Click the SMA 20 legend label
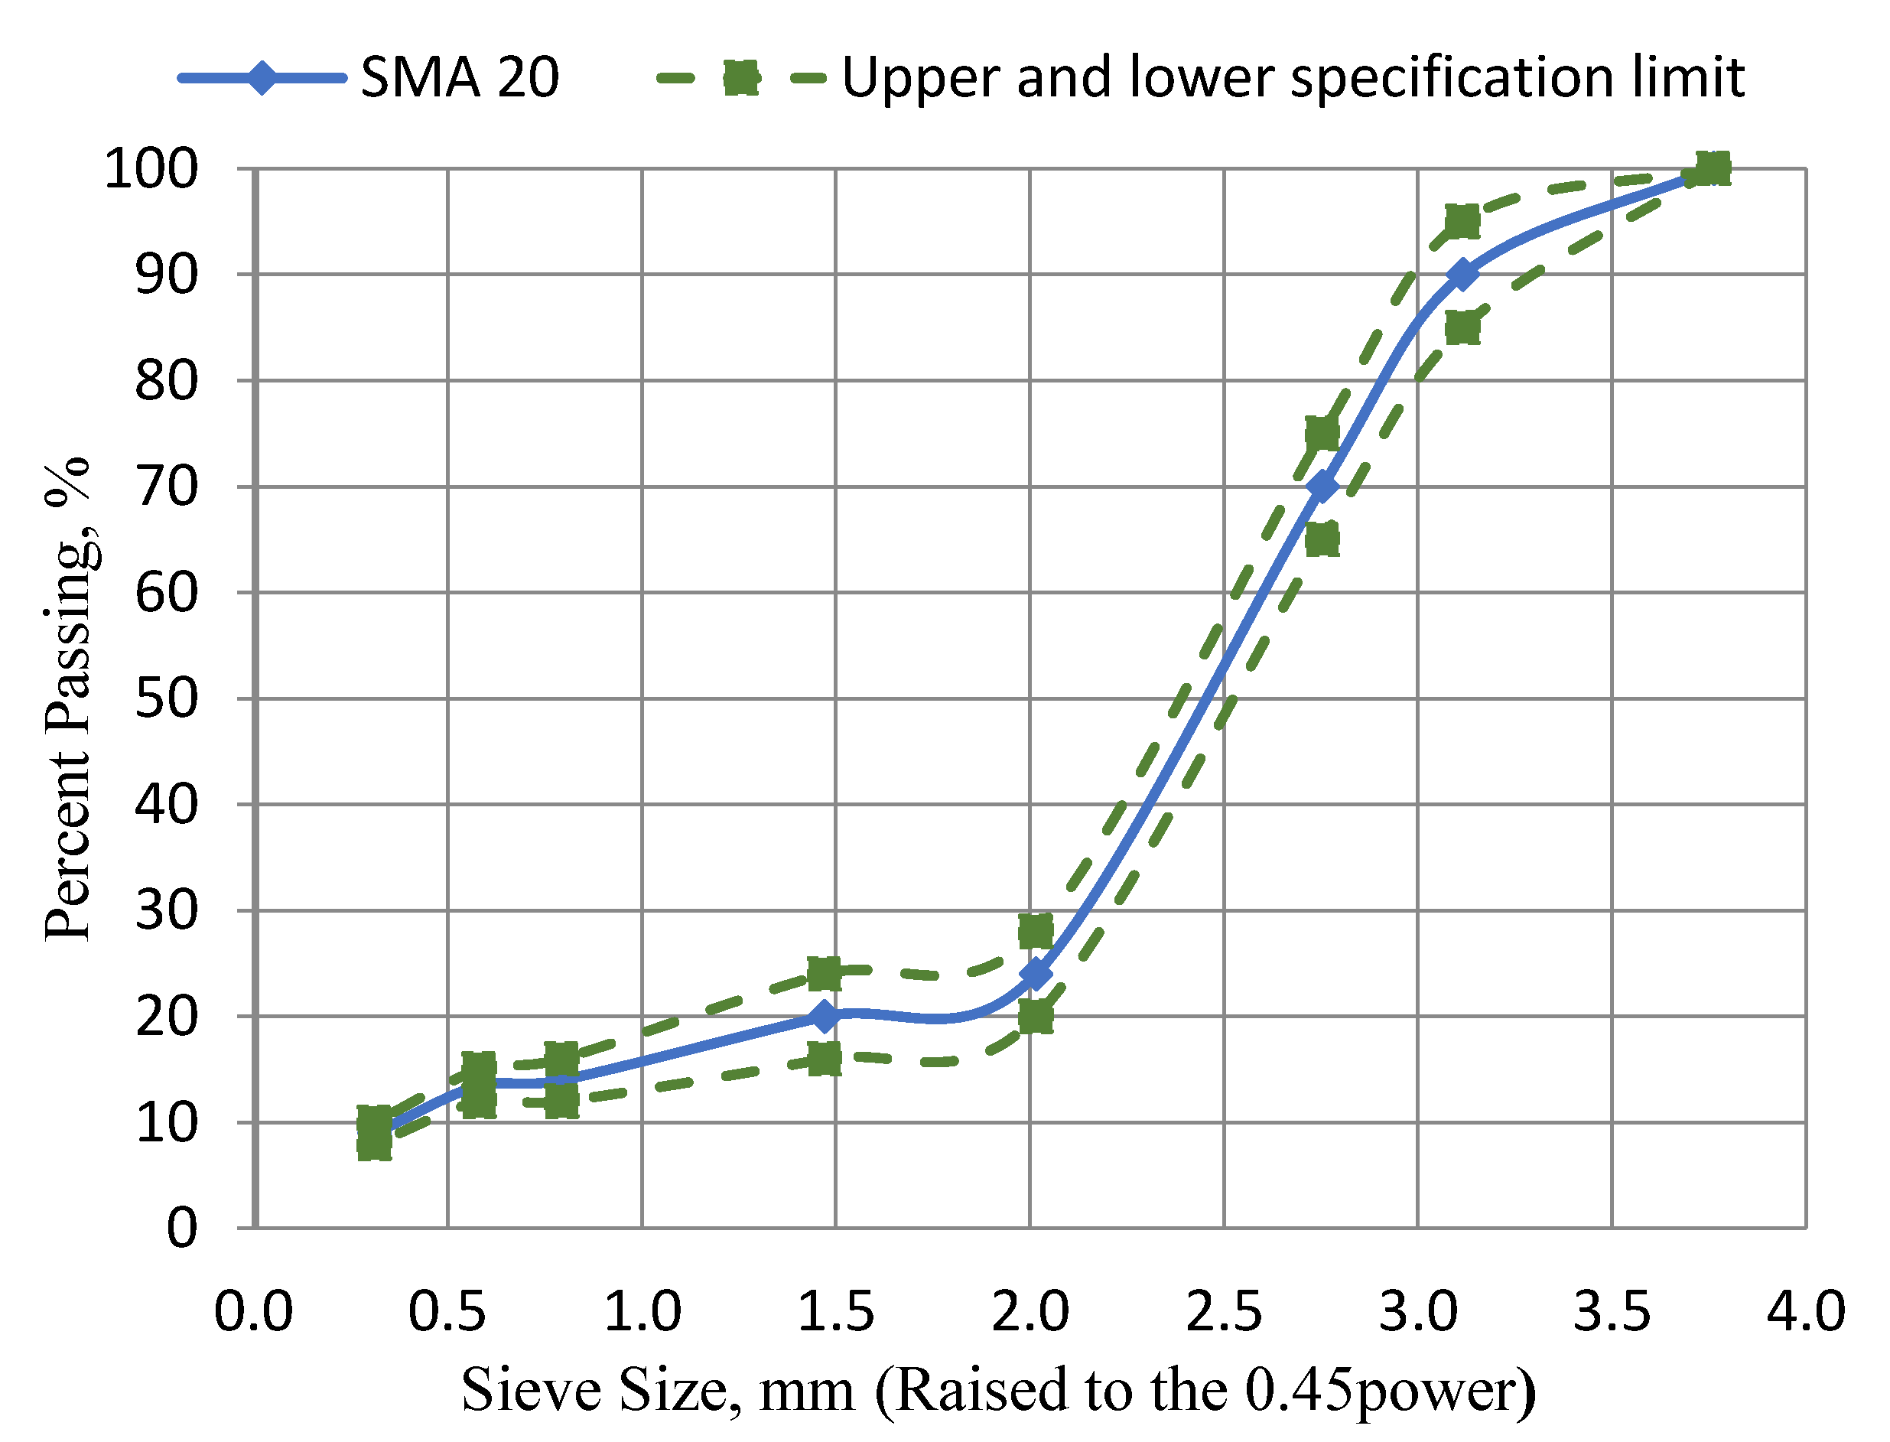[x=459, y=77]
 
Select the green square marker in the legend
[x=740, y=78]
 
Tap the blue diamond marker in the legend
[x=262, y=78]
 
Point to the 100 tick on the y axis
[x=150, y=169]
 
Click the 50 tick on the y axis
[x=166, y=698]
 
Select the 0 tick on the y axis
[x=181, y=1229]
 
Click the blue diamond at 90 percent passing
[x=1462, y=275]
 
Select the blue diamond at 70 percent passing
[x=1322, y=487]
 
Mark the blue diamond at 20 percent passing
[x=824, y=1016]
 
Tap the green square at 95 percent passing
[x=1462, y=221]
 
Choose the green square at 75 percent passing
[x=1322, y=434]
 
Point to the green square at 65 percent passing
[x=1322, y=540]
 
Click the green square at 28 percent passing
[x=1036, y=930]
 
